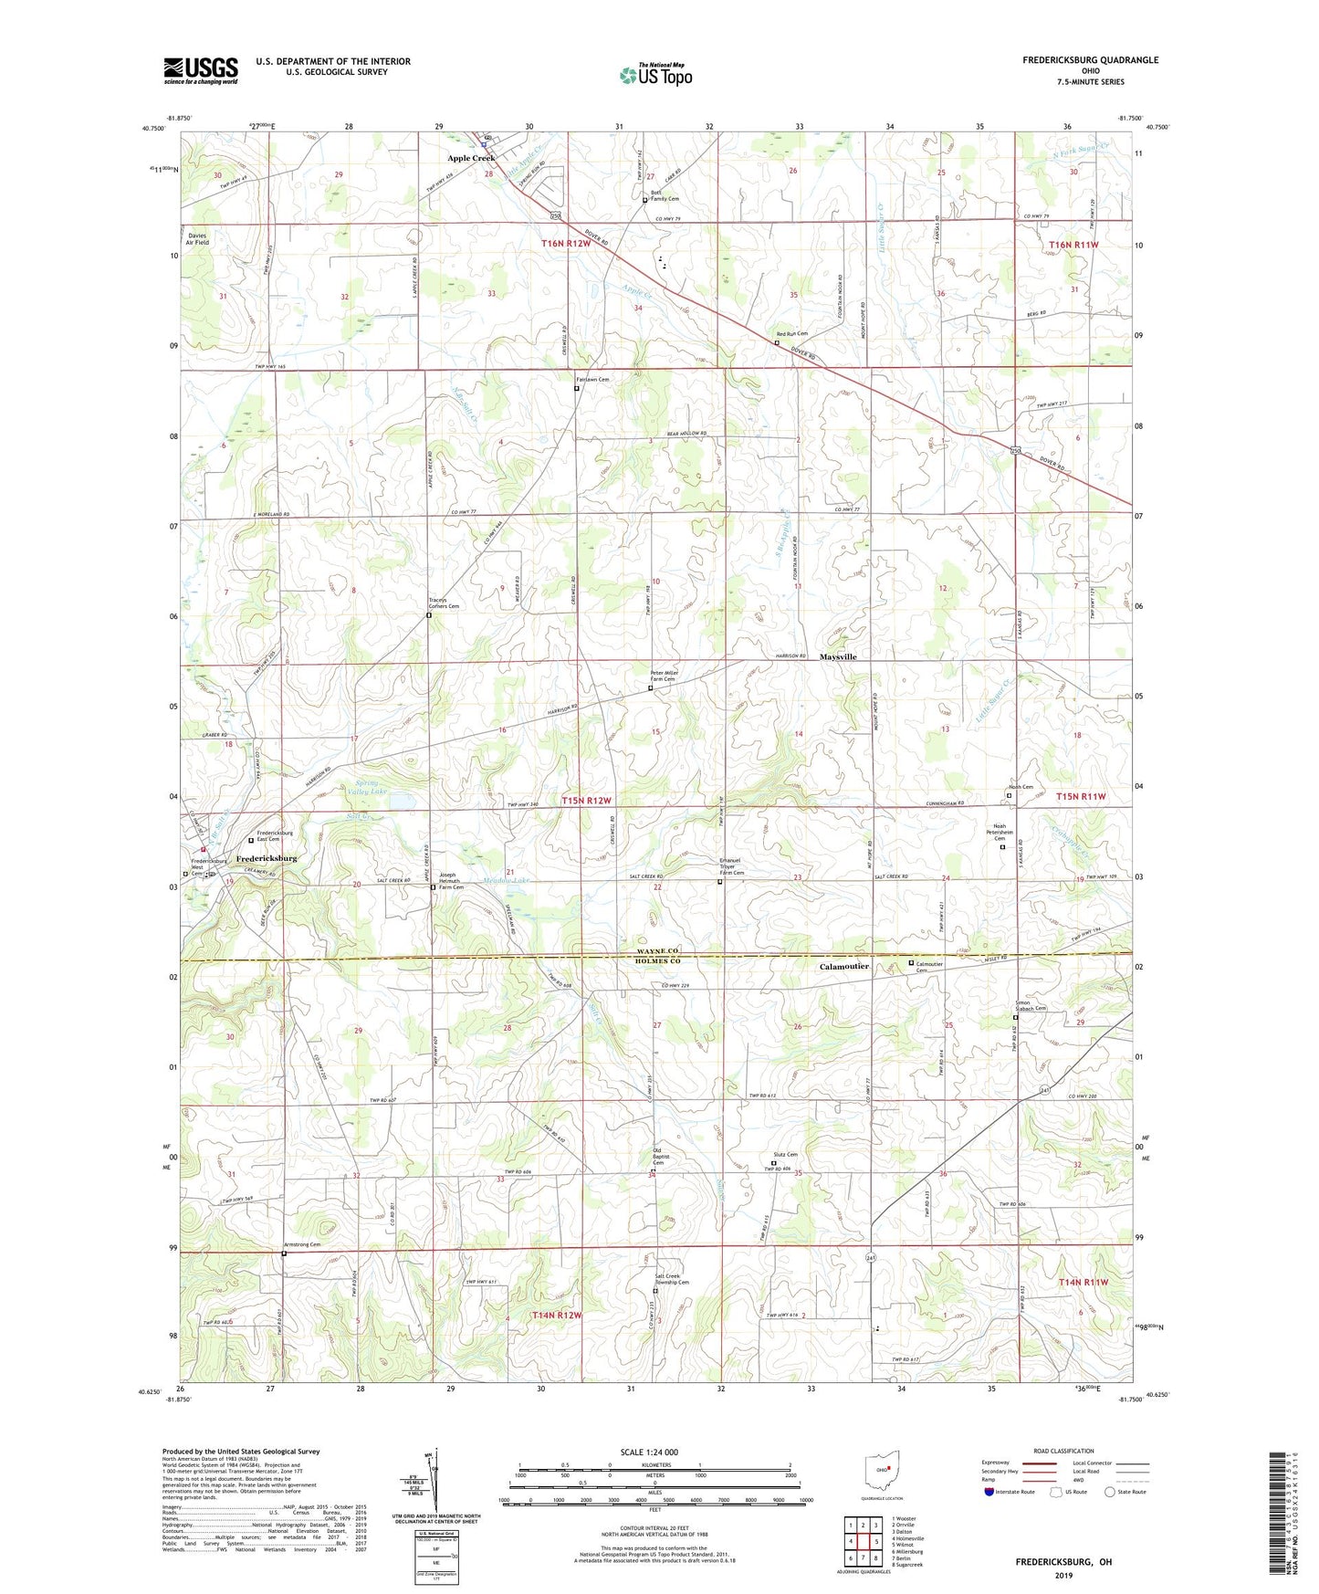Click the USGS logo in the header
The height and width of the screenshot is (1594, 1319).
[201, 69]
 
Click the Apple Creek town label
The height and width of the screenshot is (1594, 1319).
[470, 158]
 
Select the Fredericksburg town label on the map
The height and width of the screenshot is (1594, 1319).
[267, 859]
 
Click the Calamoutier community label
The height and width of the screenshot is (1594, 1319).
[843, 966]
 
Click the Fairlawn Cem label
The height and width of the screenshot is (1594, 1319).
[592, 379]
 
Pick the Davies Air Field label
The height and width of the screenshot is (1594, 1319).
[197, 238]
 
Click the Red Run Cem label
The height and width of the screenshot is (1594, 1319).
[791, 334]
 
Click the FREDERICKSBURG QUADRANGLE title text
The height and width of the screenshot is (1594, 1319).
[1090, 60]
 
